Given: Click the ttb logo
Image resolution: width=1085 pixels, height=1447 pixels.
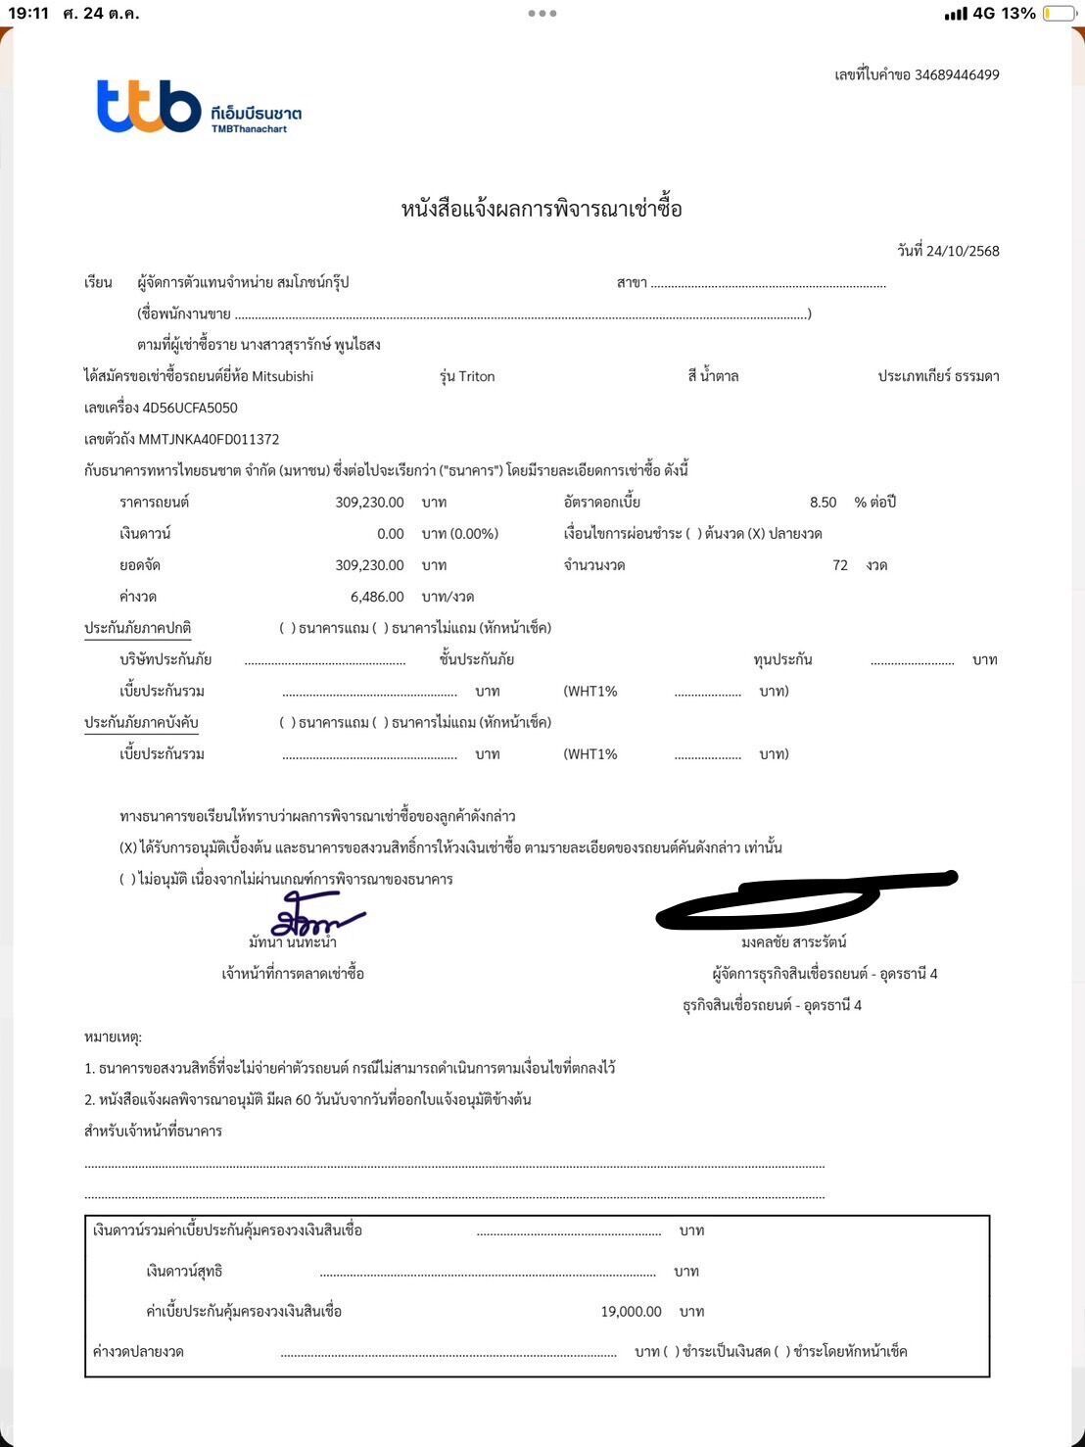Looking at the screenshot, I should coord(149,107).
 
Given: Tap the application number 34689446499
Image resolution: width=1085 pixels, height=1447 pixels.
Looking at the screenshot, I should coord(957,75).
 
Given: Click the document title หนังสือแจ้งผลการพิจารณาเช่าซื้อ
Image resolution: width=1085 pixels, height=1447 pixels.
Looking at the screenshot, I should coord(542,209).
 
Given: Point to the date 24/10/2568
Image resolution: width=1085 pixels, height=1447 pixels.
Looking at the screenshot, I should coord(963,251).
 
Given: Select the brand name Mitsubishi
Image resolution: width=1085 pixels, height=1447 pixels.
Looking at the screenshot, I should coord(283,376).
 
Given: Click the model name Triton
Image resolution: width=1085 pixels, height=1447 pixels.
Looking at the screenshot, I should coord(477,376).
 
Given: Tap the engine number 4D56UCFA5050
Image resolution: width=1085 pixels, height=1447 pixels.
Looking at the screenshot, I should coord(190,408).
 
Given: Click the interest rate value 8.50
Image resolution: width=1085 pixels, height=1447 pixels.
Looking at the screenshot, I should coord(823,503).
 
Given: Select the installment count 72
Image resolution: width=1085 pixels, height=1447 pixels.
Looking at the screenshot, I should coord(839,565).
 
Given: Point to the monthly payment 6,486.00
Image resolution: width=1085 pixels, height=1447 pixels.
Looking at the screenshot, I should coord(377,597).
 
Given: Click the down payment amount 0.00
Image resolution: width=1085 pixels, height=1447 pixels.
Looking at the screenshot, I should coord(390,534).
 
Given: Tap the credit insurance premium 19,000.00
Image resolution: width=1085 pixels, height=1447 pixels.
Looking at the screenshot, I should coord(631,1312).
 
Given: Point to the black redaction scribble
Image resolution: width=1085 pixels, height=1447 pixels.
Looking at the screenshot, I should coord(803,896).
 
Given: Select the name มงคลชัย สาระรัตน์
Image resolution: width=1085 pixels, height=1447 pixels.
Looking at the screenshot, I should coord(793,942).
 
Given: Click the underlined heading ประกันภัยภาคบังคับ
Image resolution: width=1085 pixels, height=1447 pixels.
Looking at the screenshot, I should coord(141,723).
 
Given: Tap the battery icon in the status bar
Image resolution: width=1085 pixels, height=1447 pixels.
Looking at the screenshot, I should coord(1059,14).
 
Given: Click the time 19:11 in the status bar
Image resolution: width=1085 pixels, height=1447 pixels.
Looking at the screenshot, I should coord(27,14).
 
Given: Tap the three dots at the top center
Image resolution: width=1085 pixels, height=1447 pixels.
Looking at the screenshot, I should coord(542,14).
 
